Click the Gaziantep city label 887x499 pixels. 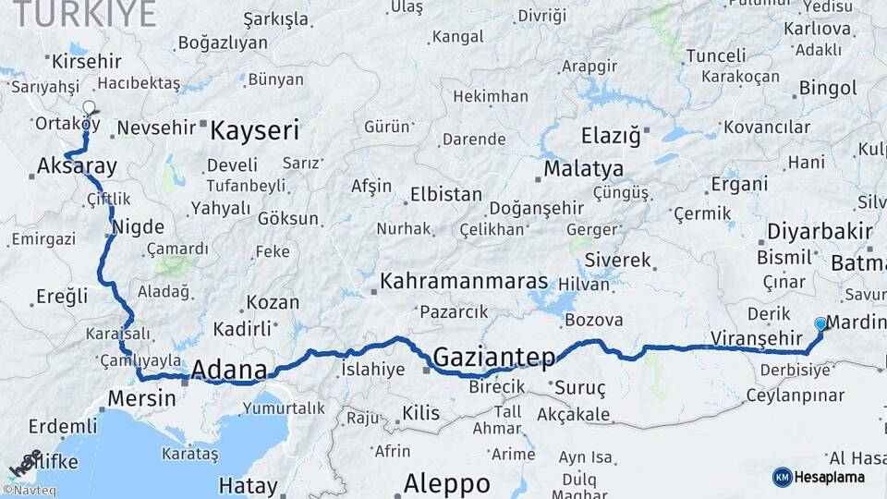click(x=494, y=356)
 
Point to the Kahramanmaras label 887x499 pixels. click(x=464, y=281)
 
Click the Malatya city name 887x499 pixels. click(x=583, y=169)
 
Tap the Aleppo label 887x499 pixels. click(x=447, y=482)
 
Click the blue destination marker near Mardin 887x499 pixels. click(x=820, y=324)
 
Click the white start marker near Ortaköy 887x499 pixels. click(x=89, y=108)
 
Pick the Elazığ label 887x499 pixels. click(x=610, y=137)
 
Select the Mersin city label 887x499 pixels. click(x=141, y=398)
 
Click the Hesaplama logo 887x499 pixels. click(x=818, y=477)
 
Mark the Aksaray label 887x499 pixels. click(x=77, y=167)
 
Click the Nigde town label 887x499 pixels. click(x=138, y=226)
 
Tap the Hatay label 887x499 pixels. click(x=248, y=485)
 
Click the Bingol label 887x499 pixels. click(x=828, y=88)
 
